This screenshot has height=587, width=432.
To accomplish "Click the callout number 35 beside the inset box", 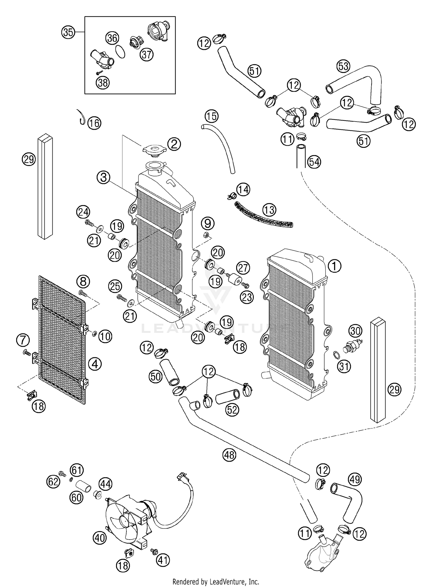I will point(68,32).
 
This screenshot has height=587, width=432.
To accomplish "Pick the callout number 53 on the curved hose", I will point(343,66).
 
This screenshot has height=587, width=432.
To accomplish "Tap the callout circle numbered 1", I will point(334,266).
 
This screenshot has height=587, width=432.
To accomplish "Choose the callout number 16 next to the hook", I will point(94,123).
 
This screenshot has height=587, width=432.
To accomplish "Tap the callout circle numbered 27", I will point(243,268).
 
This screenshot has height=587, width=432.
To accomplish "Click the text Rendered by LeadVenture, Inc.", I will point(216,582).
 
